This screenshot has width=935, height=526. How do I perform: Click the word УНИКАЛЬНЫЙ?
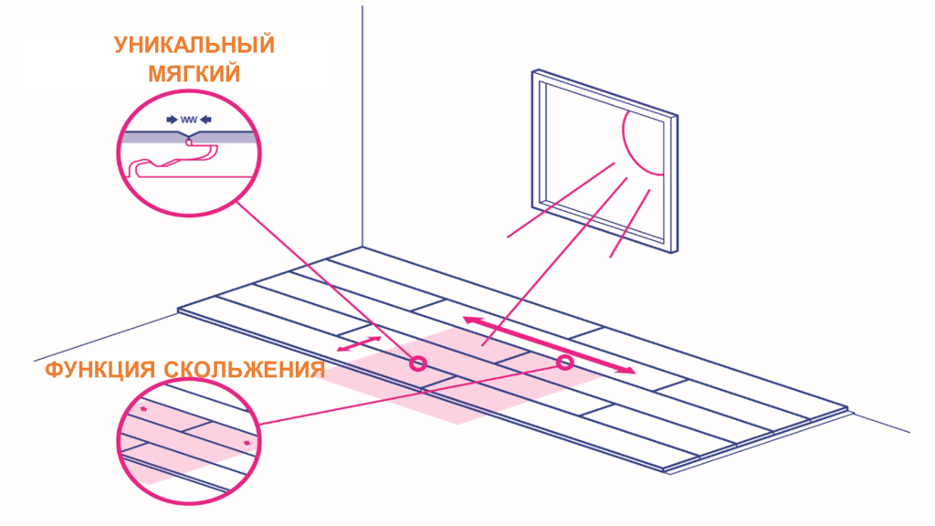[x=194, y=46]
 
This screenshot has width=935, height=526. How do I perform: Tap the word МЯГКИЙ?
[x=194, y=74]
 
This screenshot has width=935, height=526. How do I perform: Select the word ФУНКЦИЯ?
[x=100, y=370]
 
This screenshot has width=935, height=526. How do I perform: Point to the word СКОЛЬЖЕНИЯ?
[x=245, y=370]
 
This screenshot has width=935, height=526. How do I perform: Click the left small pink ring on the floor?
[x=418, y=363]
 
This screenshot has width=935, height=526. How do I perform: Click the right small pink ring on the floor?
[x=564, y=362]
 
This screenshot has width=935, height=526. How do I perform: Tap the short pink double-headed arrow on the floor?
[x=359, y=344]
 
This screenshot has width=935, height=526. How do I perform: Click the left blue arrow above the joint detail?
[x=172, y=120]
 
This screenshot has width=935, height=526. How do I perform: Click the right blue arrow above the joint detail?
[x=205, y=120]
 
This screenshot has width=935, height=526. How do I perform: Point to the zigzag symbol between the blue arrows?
[x=188, y=120]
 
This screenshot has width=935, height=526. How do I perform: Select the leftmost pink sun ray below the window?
[x=561, y=200]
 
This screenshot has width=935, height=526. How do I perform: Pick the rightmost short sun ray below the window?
[x=630, y=224]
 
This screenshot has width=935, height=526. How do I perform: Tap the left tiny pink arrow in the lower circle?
[x=143, y=409]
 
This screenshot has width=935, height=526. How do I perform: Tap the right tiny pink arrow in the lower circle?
[x=247, y=443]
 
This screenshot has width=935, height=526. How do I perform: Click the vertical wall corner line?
[x=362, y=126]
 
